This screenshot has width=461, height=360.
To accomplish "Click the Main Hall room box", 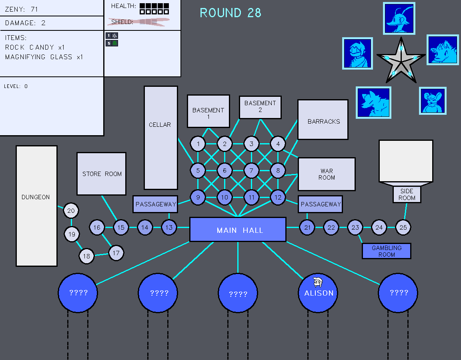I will [x=238, y=230].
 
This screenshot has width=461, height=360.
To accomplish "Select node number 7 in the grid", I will [x=251, y=171].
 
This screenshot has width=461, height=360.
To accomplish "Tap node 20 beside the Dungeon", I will [x=71, y=211].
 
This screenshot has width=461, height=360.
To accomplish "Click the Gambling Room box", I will [x=386, y=251].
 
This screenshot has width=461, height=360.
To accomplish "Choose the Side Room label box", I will [x=407, y=195].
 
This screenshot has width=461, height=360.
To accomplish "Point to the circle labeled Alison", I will [x=318, y=293].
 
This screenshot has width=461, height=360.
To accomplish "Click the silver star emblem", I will [x=401, y=60].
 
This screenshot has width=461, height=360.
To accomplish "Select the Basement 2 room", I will [x=260, y=107].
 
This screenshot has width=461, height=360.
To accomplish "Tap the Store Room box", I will [x=102, y=174].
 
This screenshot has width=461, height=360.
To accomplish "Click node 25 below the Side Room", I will [x=403, y=228].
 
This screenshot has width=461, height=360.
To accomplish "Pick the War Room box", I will [x=327, y=174].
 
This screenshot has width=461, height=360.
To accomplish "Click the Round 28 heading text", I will [x=230, y=13].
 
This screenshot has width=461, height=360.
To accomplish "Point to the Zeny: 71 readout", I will [x=22, y=9].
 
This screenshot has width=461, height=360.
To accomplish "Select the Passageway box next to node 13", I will [x=155, y=204].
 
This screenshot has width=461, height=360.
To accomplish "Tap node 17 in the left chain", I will [x=116, y=253].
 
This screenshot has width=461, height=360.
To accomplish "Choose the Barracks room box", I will [x=323, y=120].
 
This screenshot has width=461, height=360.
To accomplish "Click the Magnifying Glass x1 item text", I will [x=44, y=57].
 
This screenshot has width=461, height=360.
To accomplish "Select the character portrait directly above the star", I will [x=399, y=18].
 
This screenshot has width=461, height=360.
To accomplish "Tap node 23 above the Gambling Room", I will [x=355, y=228].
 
